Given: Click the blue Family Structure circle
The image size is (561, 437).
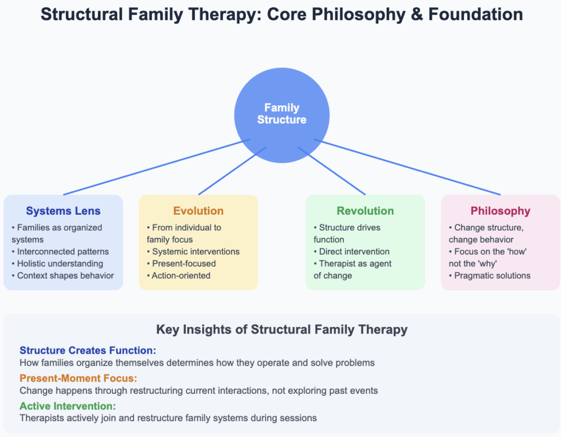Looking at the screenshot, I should [282, 114].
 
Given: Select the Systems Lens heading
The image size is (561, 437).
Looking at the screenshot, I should [64, 211].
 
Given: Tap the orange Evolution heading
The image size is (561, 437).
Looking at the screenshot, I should [198, 211].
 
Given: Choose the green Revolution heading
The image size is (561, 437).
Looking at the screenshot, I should [365, 211].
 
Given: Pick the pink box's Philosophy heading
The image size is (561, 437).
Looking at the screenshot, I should [500, 211].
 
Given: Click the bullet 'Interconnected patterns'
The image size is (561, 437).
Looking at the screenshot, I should [62, 251].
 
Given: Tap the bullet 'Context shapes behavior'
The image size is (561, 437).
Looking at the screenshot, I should [65, 275].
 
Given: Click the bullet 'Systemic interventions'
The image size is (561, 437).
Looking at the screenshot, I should [196, 251].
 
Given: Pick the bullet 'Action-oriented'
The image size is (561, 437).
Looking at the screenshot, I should [181, 275].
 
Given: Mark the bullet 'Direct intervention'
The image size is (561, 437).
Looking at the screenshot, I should [354, 251].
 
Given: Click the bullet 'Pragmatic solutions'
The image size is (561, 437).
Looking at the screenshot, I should [492, 275].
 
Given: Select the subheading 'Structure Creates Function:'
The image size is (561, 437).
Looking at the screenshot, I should [88, 350].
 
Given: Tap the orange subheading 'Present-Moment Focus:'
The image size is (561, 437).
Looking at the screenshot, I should [78, 378].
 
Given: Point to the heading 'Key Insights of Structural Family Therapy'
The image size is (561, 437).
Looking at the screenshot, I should [282, 329].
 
